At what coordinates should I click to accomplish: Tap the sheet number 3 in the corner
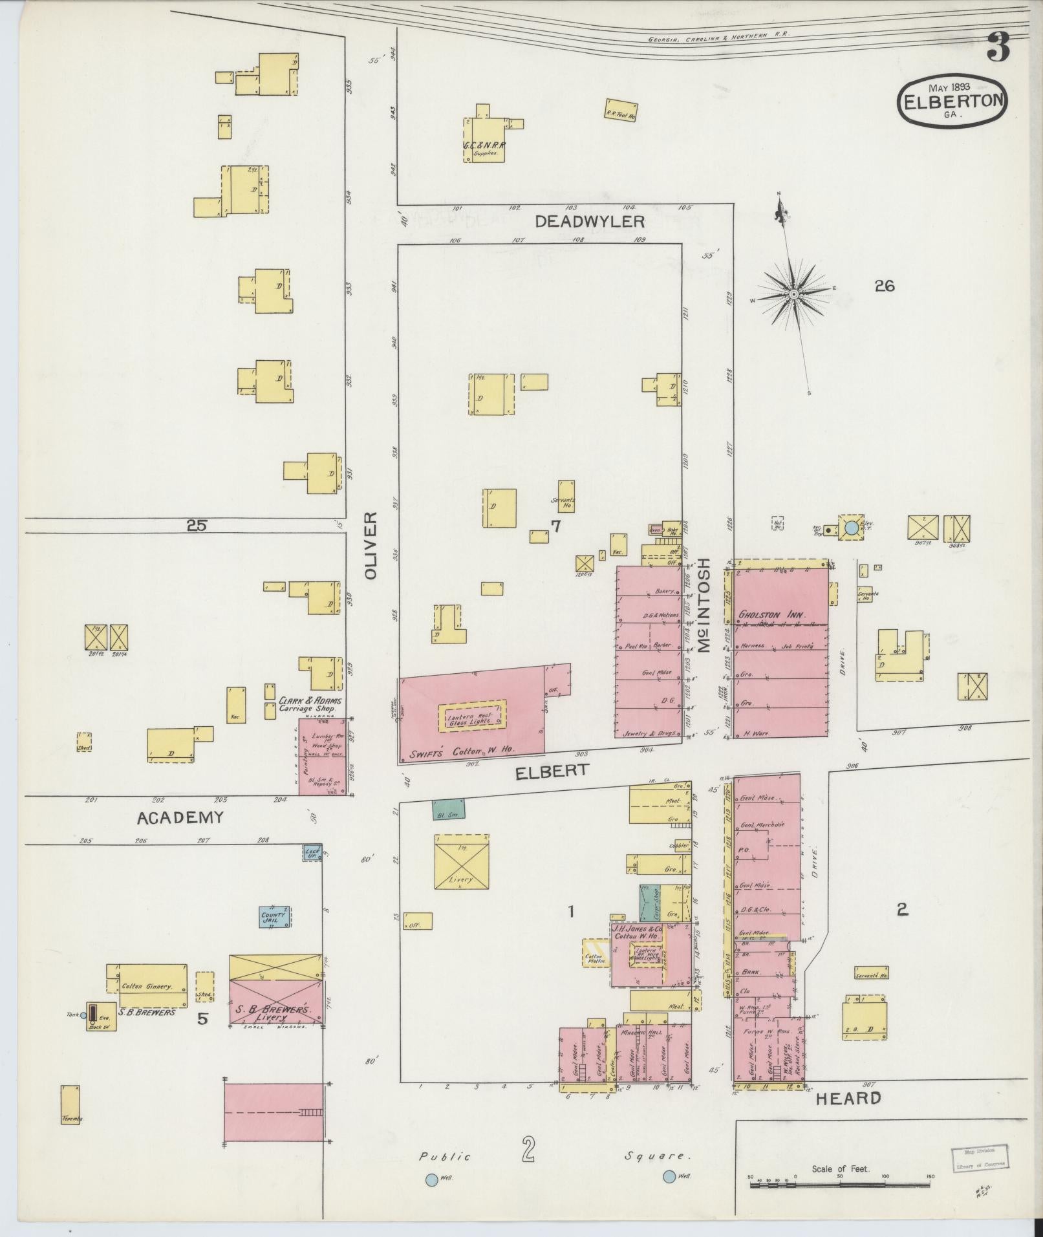(x=998, y=47)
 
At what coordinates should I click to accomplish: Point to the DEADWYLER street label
(x=590, y=222)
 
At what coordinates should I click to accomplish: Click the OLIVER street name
(x=370, y=546)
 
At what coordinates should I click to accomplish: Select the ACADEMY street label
(x=180, y=817)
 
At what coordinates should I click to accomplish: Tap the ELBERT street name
(x=552, y=770)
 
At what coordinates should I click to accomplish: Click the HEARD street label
(x=848, y=1098)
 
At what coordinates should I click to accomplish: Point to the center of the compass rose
(x=793, y=295)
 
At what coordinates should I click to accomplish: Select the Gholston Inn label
(x=771, y=616)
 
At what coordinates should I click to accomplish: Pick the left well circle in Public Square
(x=431, y=1179)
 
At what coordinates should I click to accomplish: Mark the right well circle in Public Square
(x=669, y=1177)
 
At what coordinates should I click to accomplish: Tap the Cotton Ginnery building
(x=153, y=986)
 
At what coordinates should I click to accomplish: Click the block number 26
(x=884, y=285)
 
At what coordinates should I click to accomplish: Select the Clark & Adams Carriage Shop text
(x=310, y=704)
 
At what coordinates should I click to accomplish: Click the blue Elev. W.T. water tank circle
(x=852, y=528)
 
